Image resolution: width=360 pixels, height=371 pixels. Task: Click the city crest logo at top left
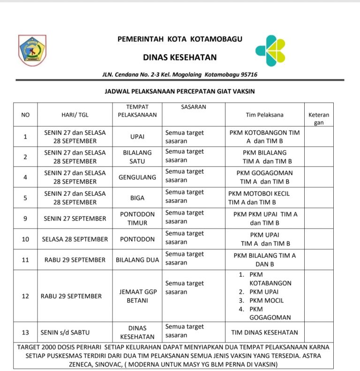(32, 50)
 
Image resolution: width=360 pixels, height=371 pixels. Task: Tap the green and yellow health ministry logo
(270, 51)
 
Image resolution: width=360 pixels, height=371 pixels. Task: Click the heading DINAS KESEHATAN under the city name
(180, 58)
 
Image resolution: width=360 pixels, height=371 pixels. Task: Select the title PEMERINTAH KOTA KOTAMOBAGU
(180, 39)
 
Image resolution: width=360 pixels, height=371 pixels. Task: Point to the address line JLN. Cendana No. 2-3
(180, 74)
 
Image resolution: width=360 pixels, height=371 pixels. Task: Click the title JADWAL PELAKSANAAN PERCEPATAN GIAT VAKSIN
(180, 91)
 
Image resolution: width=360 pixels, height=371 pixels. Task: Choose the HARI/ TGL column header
(75, 115)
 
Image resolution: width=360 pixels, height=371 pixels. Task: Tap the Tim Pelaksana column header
(264, 115)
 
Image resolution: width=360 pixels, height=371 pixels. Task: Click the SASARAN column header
(194, 107)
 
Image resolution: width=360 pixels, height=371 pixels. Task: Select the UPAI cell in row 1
(137, 137)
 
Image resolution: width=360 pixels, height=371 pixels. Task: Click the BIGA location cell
(137, 198)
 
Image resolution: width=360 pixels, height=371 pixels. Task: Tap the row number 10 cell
(25, 239)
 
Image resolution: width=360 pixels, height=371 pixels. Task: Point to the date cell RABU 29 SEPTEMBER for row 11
(75, 260)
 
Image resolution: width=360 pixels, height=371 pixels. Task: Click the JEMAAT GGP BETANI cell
(137, 296)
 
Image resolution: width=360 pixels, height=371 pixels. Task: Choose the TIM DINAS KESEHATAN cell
(264, 333)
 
